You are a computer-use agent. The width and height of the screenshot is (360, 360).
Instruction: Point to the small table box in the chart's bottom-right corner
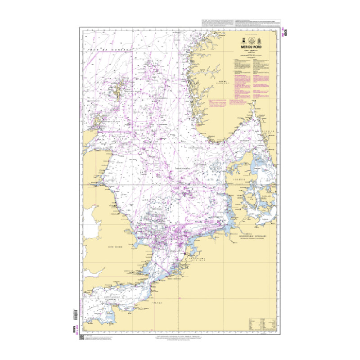(262, 324)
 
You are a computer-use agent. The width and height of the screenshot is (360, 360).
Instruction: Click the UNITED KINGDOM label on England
(109, 247)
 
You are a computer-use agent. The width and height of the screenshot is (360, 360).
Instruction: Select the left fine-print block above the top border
(217, 23)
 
